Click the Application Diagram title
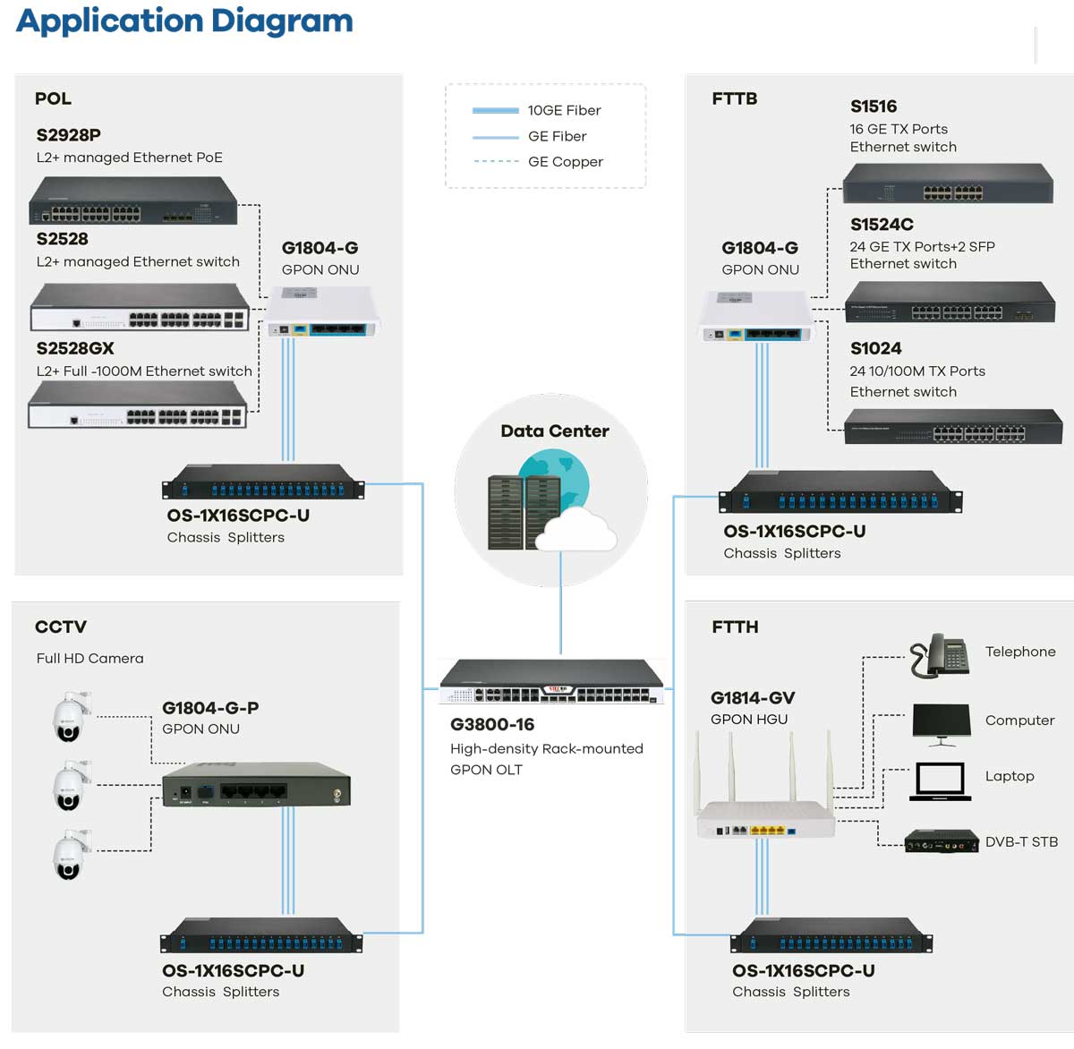click(184, 21)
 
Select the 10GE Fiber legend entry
click(564, 110)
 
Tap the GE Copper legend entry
click(565, 162)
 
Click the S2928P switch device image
click(133, 200)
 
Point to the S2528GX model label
click(75, 349)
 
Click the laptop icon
click(940, 781)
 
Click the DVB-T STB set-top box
click(941, 842)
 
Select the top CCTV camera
click(71, 717)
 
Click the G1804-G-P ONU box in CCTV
click(256, 785)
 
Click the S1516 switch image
click(948, 184)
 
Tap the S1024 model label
click(875, 349)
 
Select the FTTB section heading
click(735, 99)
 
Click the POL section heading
click(53, 99)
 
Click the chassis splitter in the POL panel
click(263, 482)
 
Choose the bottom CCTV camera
click(71, 855)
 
